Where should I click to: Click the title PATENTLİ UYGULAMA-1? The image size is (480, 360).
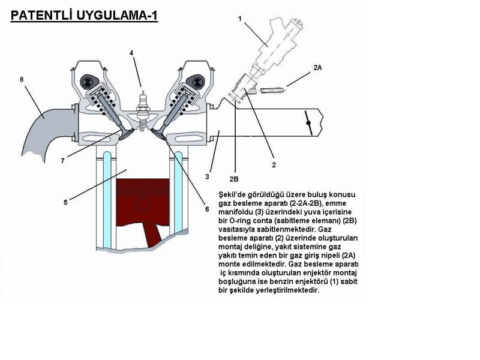point(84,14)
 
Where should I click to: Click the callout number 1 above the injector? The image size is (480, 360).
point(239,19)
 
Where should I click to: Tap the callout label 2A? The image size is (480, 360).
point(317,68)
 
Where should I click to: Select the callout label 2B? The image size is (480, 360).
point(234,179)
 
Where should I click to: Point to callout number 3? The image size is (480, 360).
point(207,176)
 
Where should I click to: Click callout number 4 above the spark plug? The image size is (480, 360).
point(131,53)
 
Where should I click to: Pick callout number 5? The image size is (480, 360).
point(65,202)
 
